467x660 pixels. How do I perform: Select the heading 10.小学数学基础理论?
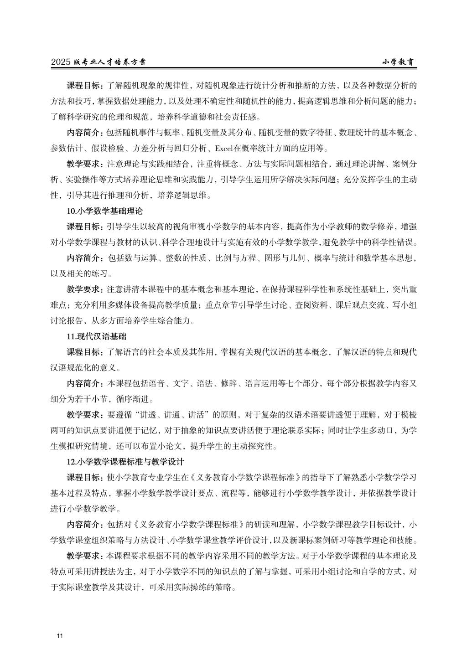104,211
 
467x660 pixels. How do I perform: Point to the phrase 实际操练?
198,587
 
